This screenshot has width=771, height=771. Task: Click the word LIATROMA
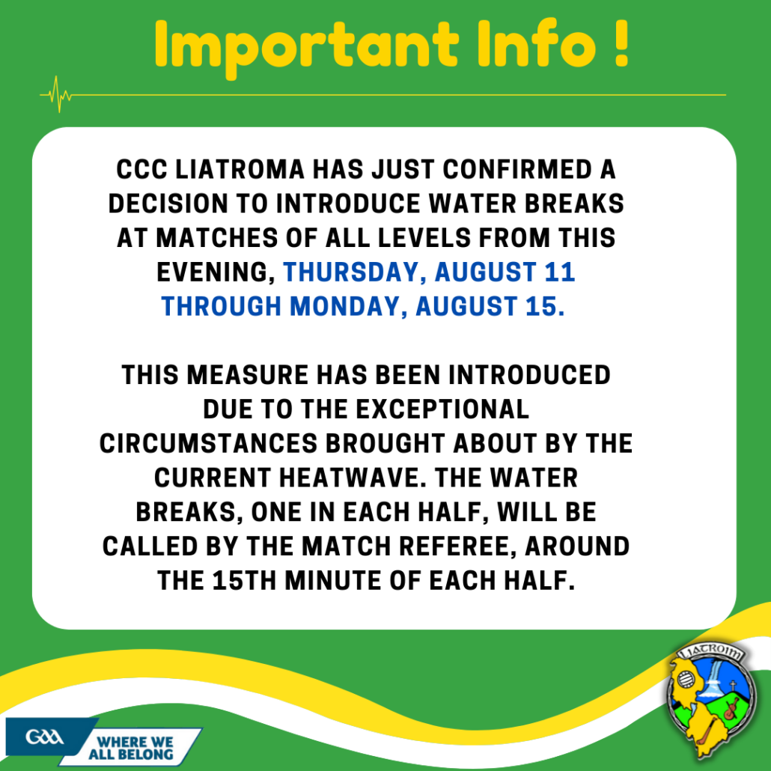240,170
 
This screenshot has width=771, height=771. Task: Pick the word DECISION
168,204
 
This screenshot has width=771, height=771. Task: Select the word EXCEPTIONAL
442,409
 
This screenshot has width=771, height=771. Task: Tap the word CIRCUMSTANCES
208,444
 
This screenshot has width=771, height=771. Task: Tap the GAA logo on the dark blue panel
44,737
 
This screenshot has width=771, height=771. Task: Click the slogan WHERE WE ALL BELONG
131,748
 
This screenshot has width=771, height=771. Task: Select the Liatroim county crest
710,699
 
